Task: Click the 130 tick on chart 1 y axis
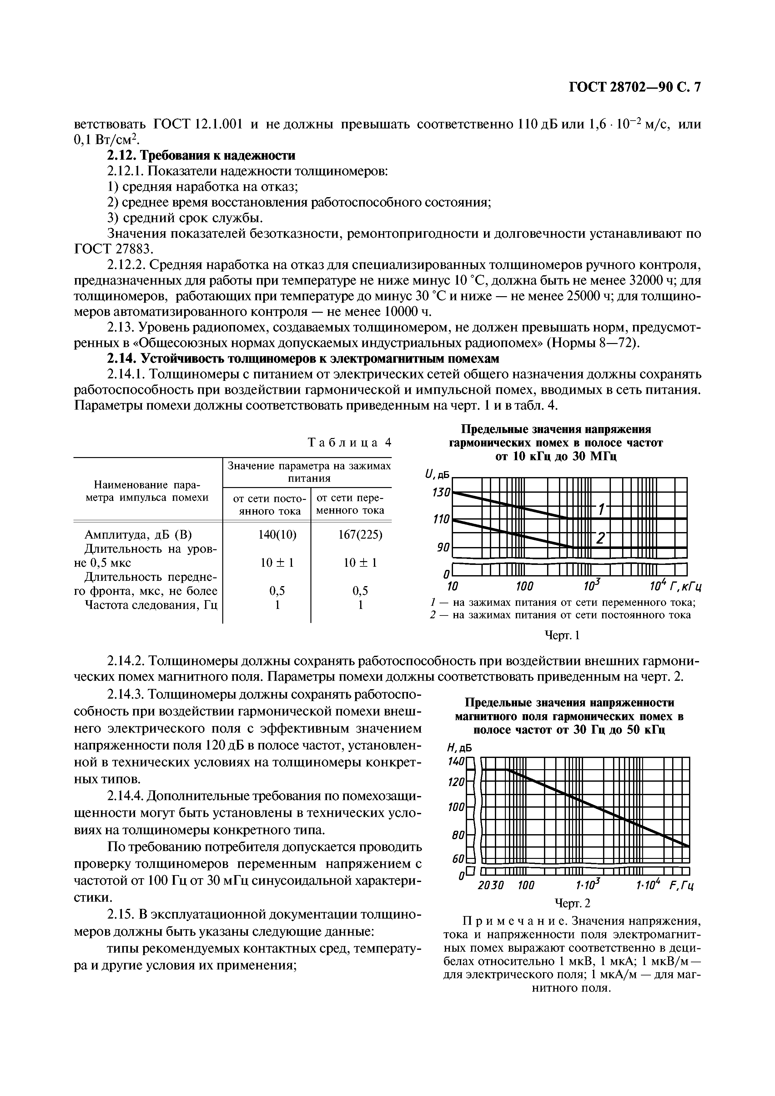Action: click(x=441, y=492)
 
